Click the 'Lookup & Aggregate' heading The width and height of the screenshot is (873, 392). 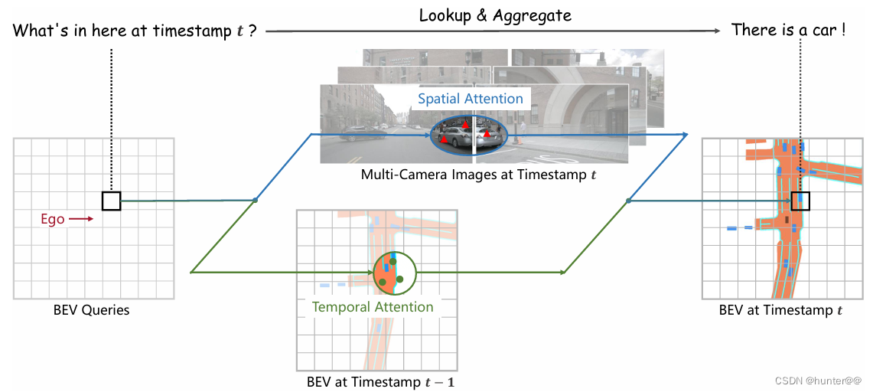[495, 15]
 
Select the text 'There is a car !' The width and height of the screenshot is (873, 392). [789, 31]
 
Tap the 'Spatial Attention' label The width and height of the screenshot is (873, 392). [471, 99]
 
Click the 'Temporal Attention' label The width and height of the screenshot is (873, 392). [373, 307]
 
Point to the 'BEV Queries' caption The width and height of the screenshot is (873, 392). [91, 310]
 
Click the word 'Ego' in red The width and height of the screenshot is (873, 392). [53, 220]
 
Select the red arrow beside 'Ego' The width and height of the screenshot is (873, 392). [81, 220]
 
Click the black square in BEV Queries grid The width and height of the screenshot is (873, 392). [111, 201]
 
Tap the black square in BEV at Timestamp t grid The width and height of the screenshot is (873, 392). [800, 201]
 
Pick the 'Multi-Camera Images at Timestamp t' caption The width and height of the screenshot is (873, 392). [480, 174]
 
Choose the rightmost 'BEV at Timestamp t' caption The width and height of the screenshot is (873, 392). [780, 310]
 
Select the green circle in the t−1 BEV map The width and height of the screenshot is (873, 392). [394, 273]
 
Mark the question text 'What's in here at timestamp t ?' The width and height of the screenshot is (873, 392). [135, 31]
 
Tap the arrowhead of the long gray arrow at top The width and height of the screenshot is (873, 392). [718, 31]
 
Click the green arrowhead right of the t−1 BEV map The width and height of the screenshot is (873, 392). [563, 272]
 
